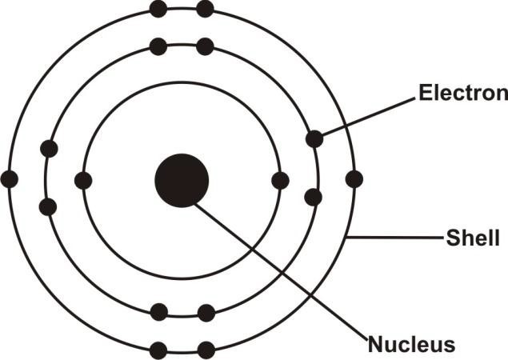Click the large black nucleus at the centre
(182, 180)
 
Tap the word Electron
(462, 94)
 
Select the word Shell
(474, 238)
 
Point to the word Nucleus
(411, 346)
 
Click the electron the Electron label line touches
(314, 139)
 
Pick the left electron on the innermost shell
(83, 181)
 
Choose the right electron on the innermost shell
(280, 181)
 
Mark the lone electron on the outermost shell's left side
(10, 179)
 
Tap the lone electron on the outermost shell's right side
(354, 179)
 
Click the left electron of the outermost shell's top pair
(158, 10)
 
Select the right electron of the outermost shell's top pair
(206, 10)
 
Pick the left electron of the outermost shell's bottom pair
(158, 350)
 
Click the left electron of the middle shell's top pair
(158, 46)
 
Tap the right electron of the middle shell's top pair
(206, 46)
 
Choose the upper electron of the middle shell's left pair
(49, 149)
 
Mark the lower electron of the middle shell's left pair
(48, 207)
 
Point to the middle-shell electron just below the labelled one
(314, 197)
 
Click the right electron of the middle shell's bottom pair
(206, 312)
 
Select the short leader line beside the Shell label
(396, 238)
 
